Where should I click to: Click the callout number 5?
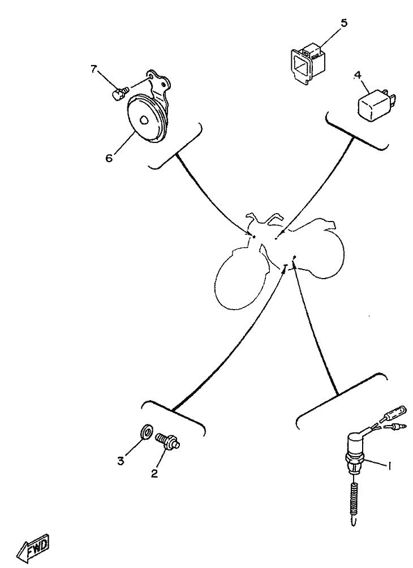click(x=344, y=23)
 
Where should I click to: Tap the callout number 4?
click(x=358, y=75)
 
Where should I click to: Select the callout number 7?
click(x=94, y=69)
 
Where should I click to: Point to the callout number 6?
click(x=109, y=158)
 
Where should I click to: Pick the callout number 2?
click(x=154, y=474)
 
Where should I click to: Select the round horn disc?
click(x=145, y=119)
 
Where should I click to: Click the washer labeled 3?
click(x=146, y=432)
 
